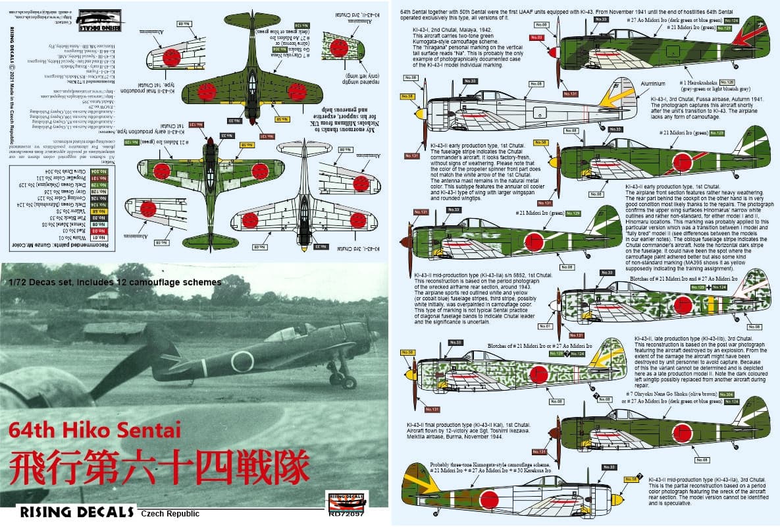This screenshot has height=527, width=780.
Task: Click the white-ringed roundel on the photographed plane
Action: (241, 361)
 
